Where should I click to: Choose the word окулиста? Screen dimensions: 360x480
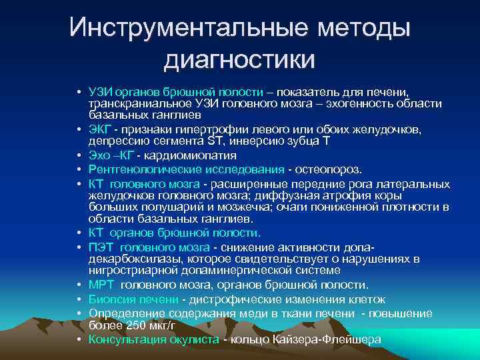click(x=192, y=339)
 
